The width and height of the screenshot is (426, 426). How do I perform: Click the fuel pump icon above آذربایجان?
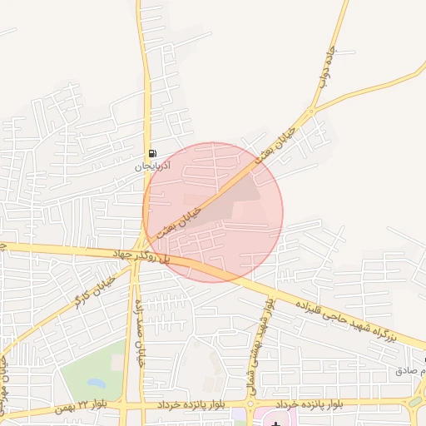(x=152, y=153)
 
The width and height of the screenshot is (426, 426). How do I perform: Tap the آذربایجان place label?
(x=152, y=166)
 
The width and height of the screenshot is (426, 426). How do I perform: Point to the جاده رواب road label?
(x=325, y=75)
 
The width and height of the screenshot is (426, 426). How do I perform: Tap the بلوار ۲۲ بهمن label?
(x=82, y=407)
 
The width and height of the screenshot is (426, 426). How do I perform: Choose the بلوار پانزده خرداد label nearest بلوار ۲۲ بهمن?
(x=192, y=404)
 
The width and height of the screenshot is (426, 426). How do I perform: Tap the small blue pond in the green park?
(x=97, y=384)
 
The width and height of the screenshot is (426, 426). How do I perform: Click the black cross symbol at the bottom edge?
(x=275, y=424)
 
